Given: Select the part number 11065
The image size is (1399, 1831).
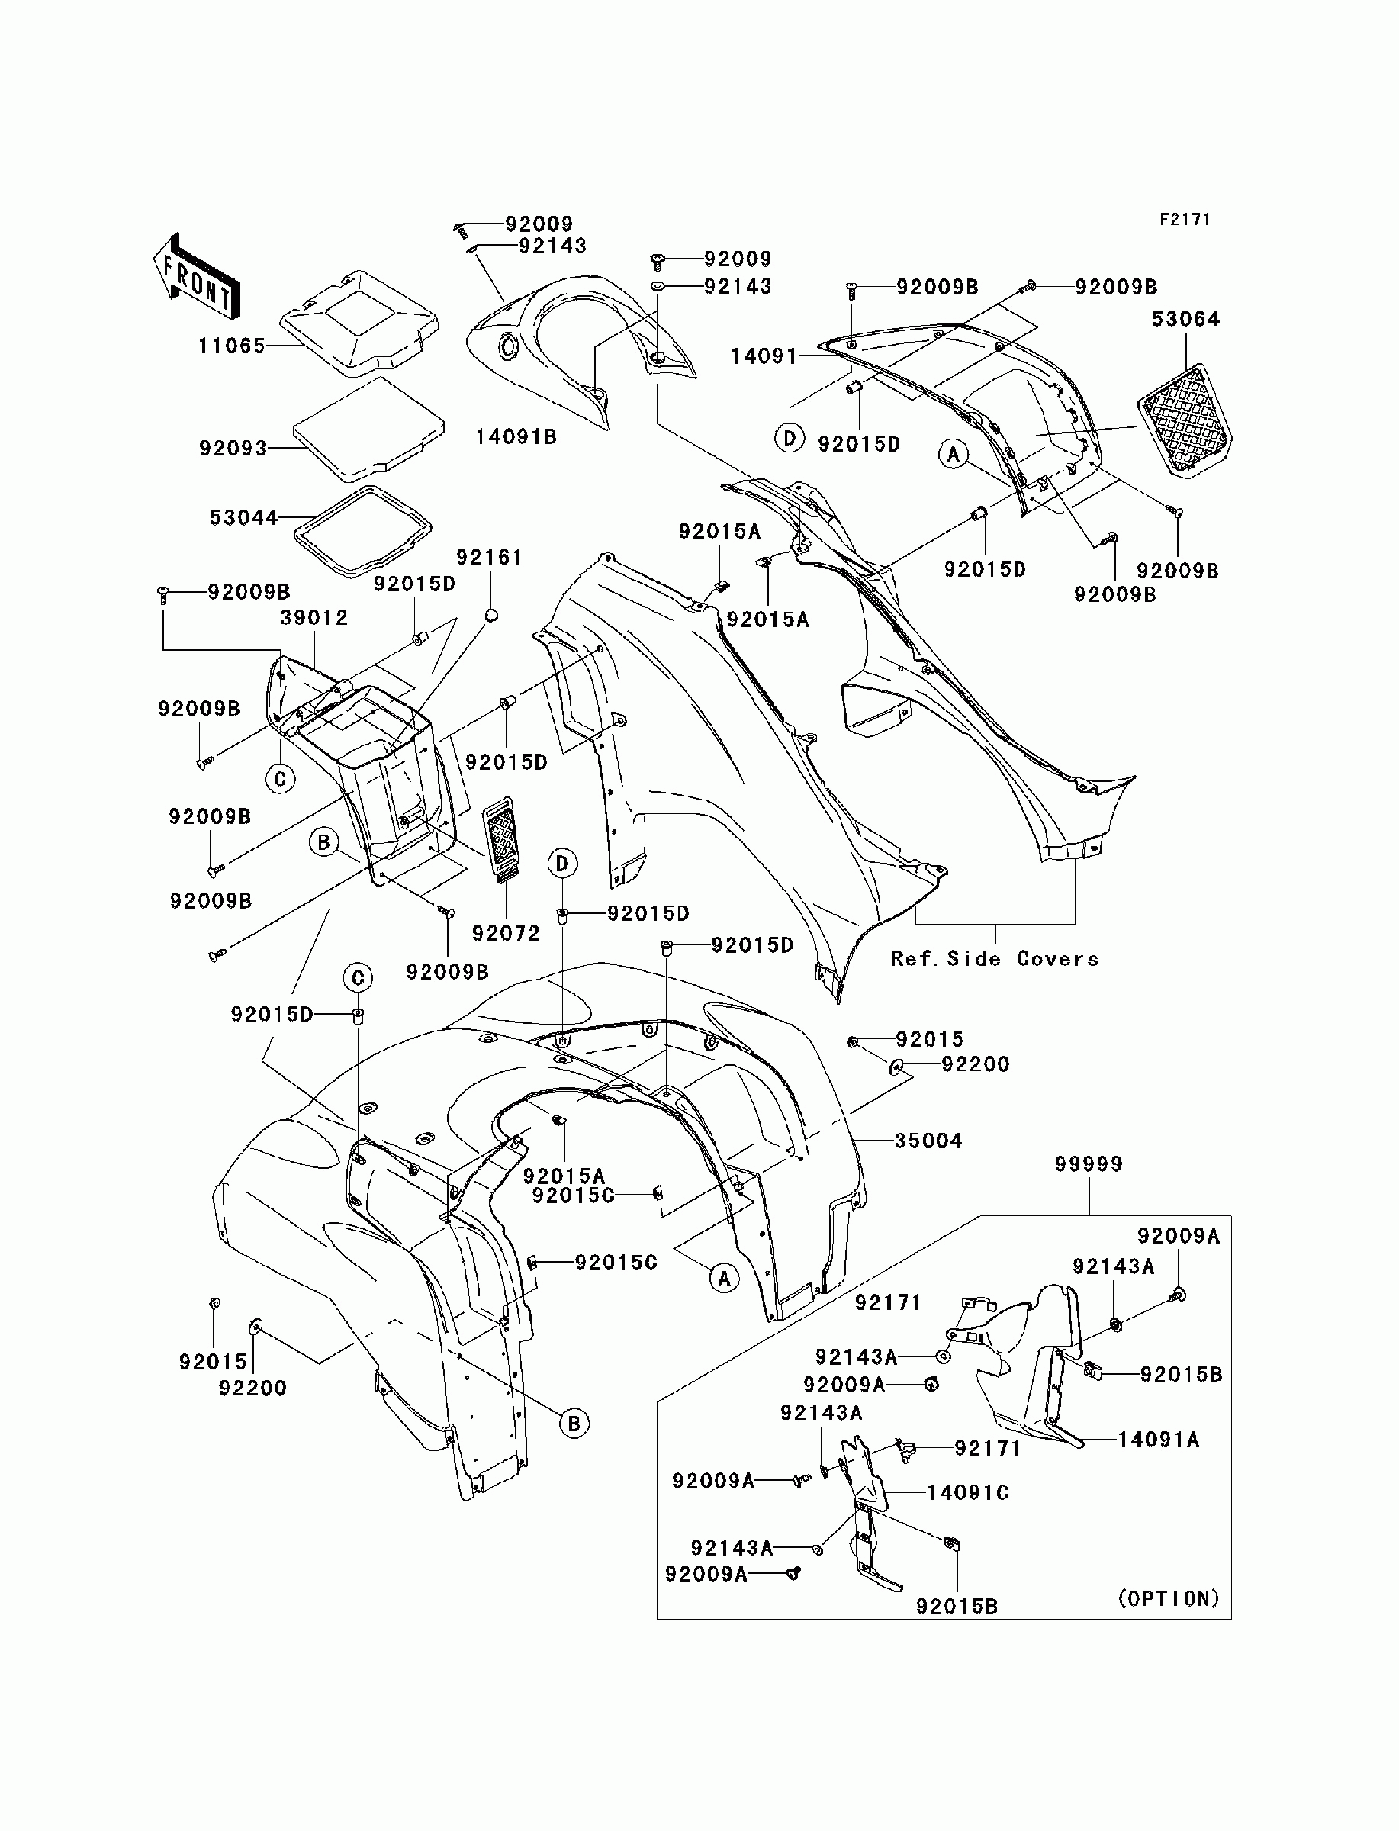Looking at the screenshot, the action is [231, 346].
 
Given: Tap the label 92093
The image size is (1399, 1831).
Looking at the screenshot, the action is [233, 449].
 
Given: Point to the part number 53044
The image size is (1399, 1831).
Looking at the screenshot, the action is [243, 518].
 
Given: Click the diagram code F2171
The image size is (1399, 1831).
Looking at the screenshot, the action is [1185, 220].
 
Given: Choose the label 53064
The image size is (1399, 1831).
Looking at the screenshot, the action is [1186, 319].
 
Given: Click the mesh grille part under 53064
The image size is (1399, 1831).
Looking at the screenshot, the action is [1185, 420].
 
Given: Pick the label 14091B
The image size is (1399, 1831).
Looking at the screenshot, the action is [516, 436].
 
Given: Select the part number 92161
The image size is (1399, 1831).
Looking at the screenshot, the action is [489, 558].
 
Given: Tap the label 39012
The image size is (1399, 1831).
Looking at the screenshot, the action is [314, 618].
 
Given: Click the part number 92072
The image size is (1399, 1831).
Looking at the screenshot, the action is [507, 933].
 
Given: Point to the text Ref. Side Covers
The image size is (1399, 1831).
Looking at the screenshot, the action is [994, 958].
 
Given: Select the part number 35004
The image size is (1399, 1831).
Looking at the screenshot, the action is [928, 1140].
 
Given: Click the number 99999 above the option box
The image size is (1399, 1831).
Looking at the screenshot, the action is [1089, 1163].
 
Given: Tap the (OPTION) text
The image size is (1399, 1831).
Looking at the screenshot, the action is [1169, 1598].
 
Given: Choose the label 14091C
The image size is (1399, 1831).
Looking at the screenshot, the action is [968, 1492].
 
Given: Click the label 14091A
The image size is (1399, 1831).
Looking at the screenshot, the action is [1159, 1439].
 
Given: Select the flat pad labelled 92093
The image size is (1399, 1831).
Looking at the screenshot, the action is [369, 430].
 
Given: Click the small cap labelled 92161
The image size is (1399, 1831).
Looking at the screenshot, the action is [491, 614].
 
